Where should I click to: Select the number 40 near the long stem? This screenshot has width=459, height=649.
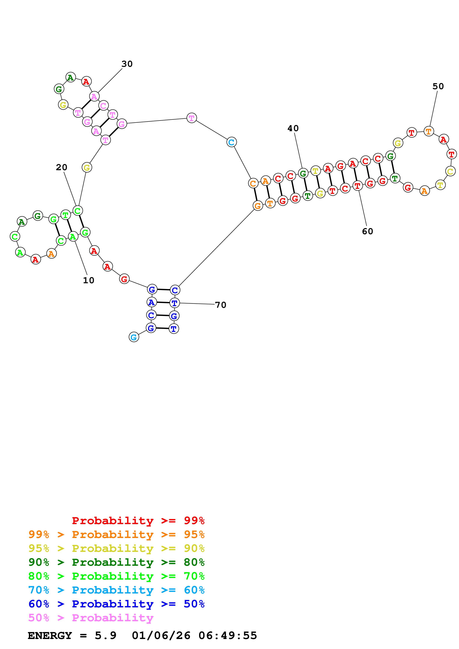click(293, 128)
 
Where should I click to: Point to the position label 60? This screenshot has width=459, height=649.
click(367, 231)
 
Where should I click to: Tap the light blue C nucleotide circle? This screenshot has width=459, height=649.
click(231, 142)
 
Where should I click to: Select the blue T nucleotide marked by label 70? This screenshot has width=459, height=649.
click(174, 303)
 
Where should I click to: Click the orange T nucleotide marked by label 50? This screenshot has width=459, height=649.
click(429, 131)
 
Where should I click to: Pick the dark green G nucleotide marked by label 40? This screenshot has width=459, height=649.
click(303, 173)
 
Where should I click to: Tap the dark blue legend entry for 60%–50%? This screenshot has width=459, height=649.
click(116, 604)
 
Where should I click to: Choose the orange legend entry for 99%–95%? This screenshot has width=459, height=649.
click(116, 534)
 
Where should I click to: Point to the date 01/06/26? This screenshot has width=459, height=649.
click(161, 635)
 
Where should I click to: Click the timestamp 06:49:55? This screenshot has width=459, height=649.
click(228, 635)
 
